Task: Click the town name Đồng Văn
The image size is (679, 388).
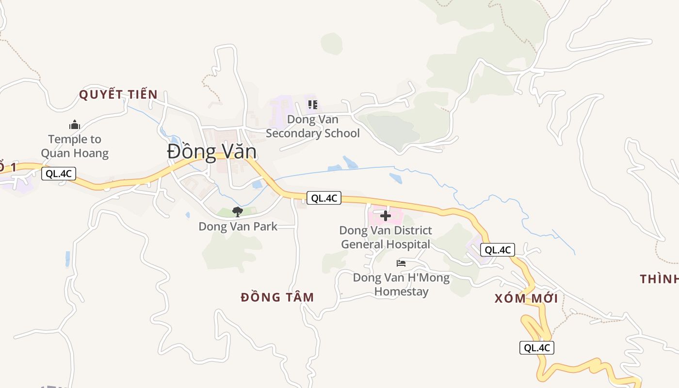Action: [212, 152]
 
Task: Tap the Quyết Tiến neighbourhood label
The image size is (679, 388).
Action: [118, 95]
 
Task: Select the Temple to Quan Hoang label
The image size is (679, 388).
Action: [75, 146]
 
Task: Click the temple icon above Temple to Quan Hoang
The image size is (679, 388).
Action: [74, 125]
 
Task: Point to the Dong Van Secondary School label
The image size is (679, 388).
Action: [313, 126]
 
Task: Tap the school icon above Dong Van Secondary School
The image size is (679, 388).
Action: [313, 104]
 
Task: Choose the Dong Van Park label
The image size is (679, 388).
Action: [238, 226]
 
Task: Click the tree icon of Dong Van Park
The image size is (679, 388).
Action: [238, 211]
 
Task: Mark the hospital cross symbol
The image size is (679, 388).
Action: [386, 215]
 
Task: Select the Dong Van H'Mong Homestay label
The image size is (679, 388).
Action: [401, 285]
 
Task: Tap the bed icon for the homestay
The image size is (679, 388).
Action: [401, 263]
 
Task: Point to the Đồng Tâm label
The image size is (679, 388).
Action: [277, 297]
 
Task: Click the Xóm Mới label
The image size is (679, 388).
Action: [526, 298]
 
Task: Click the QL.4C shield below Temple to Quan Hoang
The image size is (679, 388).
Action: [59, 174]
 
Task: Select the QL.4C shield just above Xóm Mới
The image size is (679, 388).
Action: [498, 250]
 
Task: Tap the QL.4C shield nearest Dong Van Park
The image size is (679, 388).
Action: [324, 198]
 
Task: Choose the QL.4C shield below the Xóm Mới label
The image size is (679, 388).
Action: [536, 347]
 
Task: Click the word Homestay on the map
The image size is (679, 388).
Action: [402, 292]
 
